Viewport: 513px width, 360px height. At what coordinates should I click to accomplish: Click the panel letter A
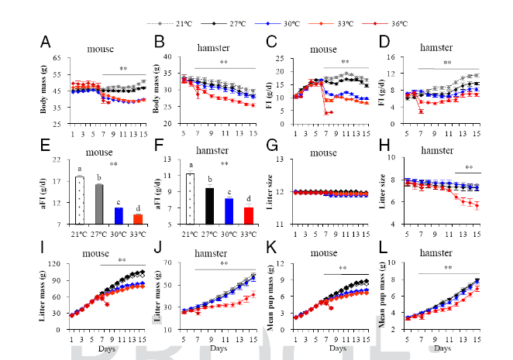pos(46,42)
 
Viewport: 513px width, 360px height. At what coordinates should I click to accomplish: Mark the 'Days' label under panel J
pos(220,348)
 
